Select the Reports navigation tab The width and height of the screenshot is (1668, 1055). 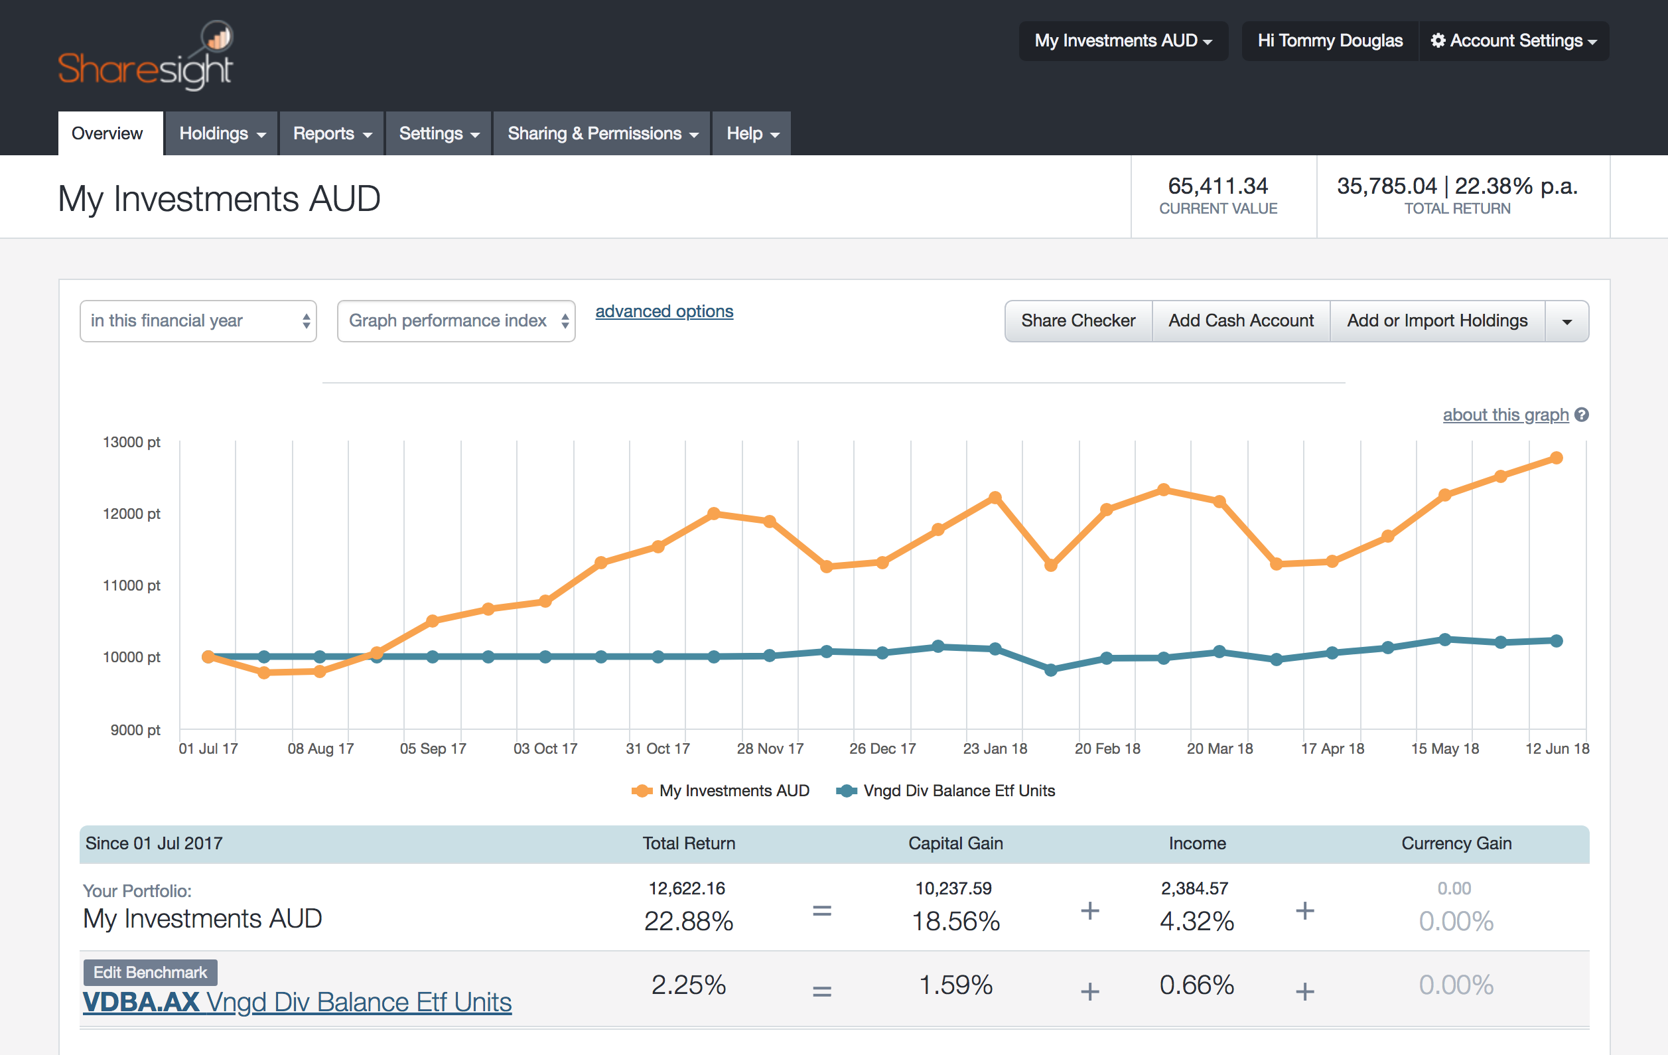point(332,133)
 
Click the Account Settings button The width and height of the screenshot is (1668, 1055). point(1514,41)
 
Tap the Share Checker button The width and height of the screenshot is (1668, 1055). point(1077,320)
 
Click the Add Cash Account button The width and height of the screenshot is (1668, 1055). point(1241,320)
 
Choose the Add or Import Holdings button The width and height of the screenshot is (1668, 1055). point(1436,320)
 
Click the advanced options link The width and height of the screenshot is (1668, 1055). point(663,312)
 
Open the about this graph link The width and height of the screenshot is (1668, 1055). point(1505,415)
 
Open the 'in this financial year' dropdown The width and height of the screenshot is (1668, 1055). point(198,320)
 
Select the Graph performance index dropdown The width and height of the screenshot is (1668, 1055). point(456,320)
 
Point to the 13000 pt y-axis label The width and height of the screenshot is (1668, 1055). point(131,442)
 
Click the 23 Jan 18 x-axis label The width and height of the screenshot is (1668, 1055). point(995,748)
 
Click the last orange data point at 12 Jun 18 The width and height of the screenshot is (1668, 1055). point(1556,458)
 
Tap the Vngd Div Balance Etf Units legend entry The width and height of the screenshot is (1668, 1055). point(958,790)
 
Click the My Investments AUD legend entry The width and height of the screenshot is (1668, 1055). point(733,790)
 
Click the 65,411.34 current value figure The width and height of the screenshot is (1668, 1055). point(1217,186)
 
